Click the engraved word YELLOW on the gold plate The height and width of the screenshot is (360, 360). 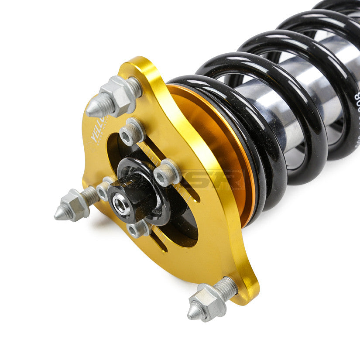pyautogui.click(x=97, y=130)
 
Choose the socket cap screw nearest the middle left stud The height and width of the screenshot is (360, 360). pyautogui.click(x=104, y=189)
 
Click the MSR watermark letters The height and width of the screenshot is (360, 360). pyautogui.click(x=218, y=179)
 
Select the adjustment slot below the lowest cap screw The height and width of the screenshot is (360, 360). pyautogui.click(x=159, y=240)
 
